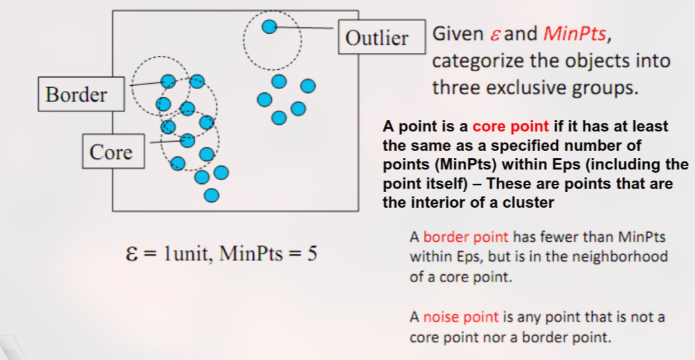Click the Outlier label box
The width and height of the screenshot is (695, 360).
[x=377, y=38]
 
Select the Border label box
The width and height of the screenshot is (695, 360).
[x=76, y=94]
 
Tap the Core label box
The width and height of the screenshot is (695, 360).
[x=111, y=152]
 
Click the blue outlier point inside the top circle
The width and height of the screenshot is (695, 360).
[x=269, y=27]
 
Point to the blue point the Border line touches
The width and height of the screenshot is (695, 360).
[x=169, y=81]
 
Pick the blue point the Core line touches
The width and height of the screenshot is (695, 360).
[x=187, y=140]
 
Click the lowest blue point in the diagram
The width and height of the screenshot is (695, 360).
[x=211, y=195]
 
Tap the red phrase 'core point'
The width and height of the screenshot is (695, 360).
[x=510, y=126]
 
